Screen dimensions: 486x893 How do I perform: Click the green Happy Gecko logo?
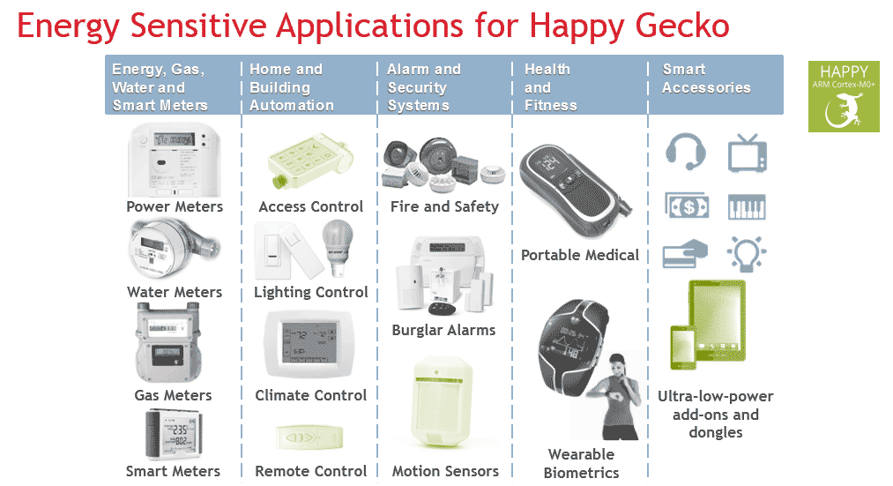pos(843,96)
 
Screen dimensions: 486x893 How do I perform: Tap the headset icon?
pos(685,152)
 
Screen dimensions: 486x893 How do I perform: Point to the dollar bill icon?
pos(686,206)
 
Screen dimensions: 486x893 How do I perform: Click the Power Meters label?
pos(175,206)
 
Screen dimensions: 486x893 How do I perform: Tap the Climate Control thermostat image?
pos(309,345)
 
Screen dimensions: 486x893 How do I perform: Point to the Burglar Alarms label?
pos(443,331)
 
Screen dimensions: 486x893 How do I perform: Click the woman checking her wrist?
pos(614,395)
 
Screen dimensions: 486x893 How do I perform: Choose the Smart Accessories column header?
pos(706,79)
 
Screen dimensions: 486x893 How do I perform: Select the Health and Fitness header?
pos(550,87)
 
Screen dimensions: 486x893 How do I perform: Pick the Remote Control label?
pos(310,471)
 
